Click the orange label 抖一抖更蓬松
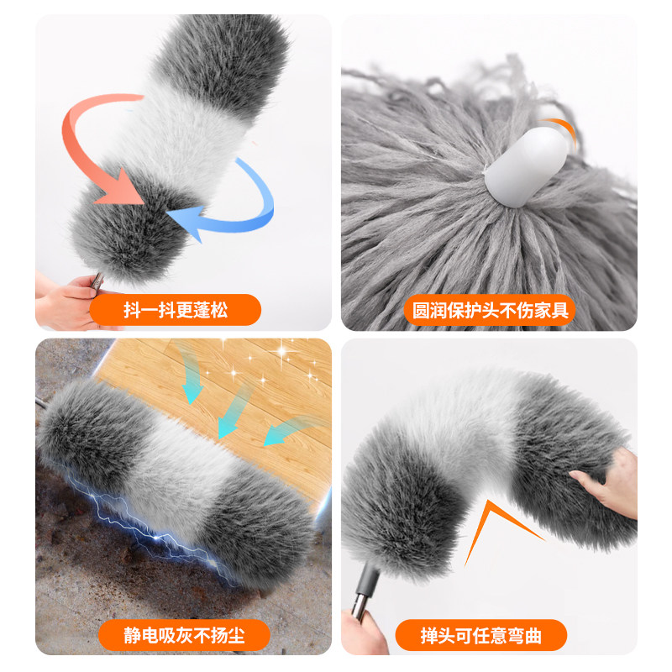[x=176, y=310]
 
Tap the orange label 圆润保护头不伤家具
[x=490, y=310]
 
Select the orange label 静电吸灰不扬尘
[x=184, y=635]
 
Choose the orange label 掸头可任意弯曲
[x=480, y=635]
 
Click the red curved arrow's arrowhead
[x=122, y=188]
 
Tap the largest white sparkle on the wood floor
[x=282, y=352]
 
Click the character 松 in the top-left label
[x=218, y=310]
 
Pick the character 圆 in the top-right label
[x=421, y=310]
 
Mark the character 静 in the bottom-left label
[x=133, y=635]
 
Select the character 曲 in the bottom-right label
[x=533, y=635]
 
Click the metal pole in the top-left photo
[x=97, y=281]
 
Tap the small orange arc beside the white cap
[x=559, y=129]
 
